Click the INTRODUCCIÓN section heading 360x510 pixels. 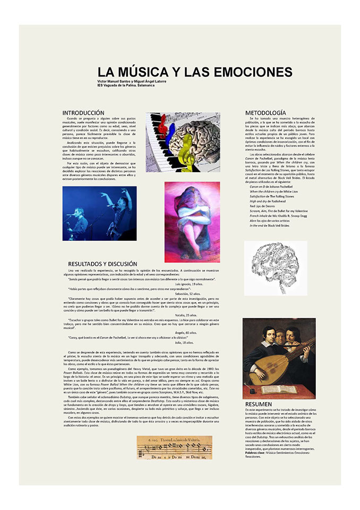click(83, 113)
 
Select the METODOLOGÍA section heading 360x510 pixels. click(265, 113)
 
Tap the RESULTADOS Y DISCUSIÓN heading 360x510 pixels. click(102, 263)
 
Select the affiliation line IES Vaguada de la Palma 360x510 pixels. click(126, 85)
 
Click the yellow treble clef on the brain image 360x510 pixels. click(186, 154)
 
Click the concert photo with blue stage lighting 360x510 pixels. click(99, 213)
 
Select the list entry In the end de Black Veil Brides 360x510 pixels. click(270, 225)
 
